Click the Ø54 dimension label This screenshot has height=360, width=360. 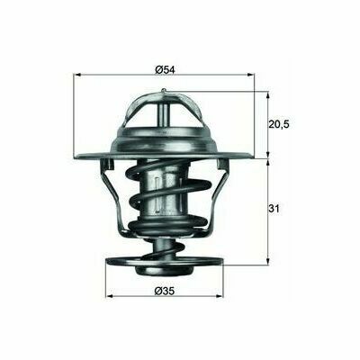165,69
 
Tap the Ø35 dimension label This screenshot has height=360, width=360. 164,291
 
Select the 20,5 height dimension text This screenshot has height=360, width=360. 278,124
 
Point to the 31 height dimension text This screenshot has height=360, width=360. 274,208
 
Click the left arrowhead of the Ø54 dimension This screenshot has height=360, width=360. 77,75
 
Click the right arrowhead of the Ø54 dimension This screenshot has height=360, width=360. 250,75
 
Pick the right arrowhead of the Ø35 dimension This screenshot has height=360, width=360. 220,296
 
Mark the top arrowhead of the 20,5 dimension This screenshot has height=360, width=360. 268,95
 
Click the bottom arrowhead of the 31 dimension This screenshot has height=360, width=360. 268,261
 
